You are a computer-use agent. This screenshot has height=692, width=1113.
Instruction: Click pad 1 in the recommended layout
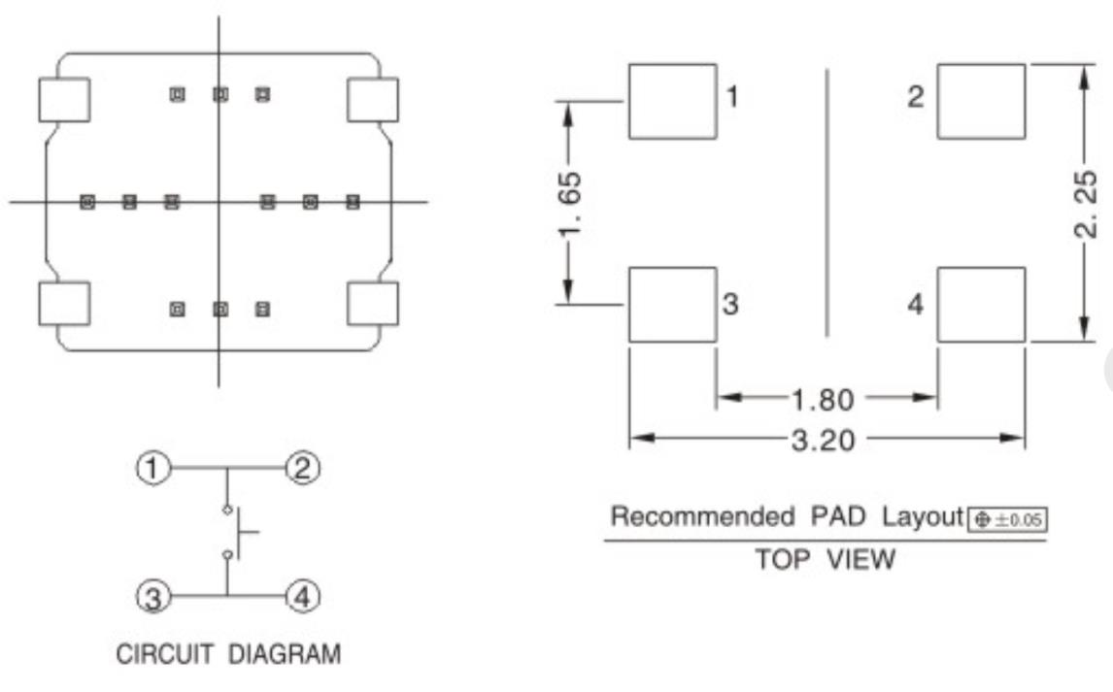pyautogui.click(x=672, y=101)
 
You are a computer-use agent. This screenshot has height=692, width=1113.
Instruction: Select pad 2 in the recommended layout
pyautogui.click(x=981, y=101)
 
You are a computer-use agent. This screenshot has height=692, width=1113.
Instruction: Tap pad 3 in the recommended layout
pyautogui.click(x=672, y=305)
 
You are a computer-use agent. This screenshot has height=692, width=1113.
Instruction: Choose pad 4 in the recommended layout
pyautogui.click(x=981, y=305)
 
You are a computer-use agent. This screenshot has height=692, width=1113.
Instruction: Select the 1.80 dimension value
pyautogui.click(x=826, y=397)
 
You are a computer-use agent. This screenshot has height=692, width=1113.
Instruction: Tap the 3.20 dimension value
pyautogui.click(x=826, y=440)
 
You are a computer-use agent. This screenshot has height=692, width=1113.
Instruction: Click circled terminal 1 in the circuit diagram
pyautogui.click(x=151, y=470)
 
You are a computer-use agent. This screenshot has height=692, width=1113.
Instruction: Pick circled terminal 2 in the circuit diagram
pyautogui.click(x=301, y=470)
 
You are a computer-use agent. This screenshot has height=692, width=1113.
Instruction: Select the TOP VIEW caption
pyautogui.click(x=826, y=560)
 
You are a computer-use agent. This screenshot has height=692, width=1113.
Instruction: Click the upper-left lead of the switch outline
pyautogui.click(x=64, y=99)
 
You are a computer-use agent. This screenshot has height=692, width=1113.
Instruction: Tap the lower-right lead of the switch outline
pyautogui.click(x=373, y=305)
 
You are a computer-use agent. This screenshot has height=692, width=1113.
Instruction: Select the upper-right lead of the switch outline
pyautogui.click(x=373, y=99)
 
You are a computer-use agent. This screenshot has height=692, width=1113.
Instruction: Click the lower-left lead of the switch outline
pyautogui.click(x=64, y=305)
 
